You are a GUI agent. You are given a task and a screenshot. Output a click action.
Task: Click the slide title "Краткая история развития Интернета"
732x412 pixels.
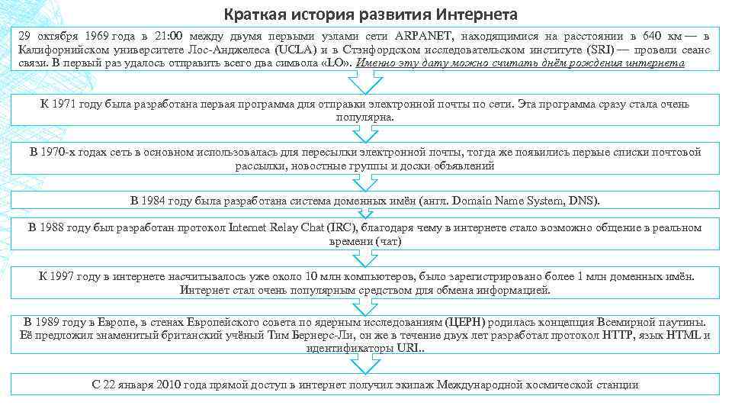click(x=371, y=14)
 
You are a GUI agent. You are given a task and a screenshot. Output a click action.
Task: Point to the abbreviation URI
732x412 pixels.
click(x=406, y=348)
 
